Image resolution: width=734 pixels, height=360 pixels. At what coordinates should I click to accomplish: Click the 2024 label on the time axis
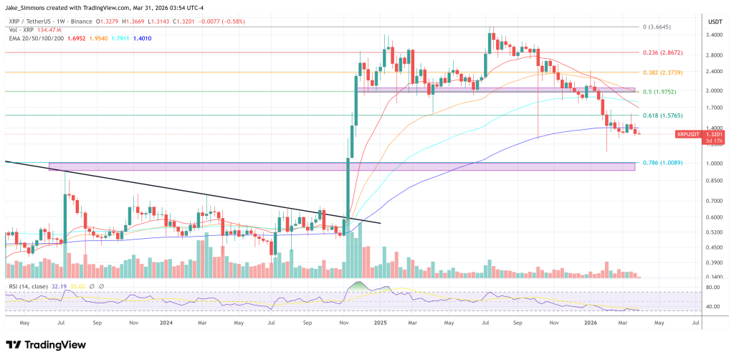tap(166, 323)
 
